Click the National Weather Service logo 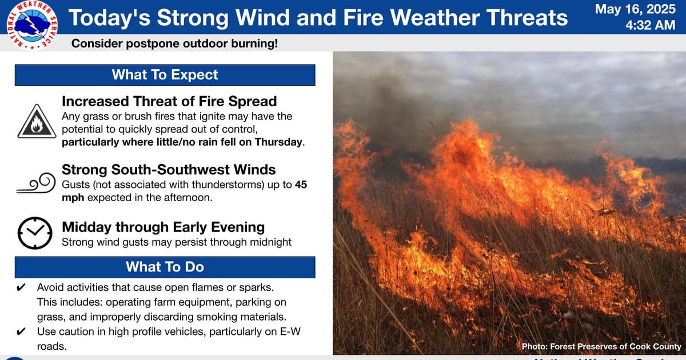[x=32, y=25]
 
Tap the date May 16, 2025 [x=635, y=9]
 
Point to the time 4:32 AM [x=651, y=25]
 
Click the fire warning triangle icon [x=37, y=122]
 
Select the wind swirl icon [x=36, y=183]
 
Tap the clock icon [x=35, y=233]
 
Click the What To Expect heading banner [x=165, y=75]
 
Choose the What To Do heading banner [x=165, y=267]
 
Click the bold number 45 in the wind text [x=301, y=185]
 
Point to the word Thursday [x=278, y=142]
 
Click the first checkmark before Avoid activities [x=21, y=287]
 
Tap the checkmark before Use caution [x=21, y=331]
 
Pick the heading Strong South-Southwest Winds [x=169, y=170]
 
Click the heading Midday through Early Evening [x=163, y=227]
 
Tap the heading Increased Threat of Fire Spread [x=169, y=101]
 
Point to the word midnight [x=271, y=242]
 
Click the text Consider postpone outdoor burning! [x=174, y=43]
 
